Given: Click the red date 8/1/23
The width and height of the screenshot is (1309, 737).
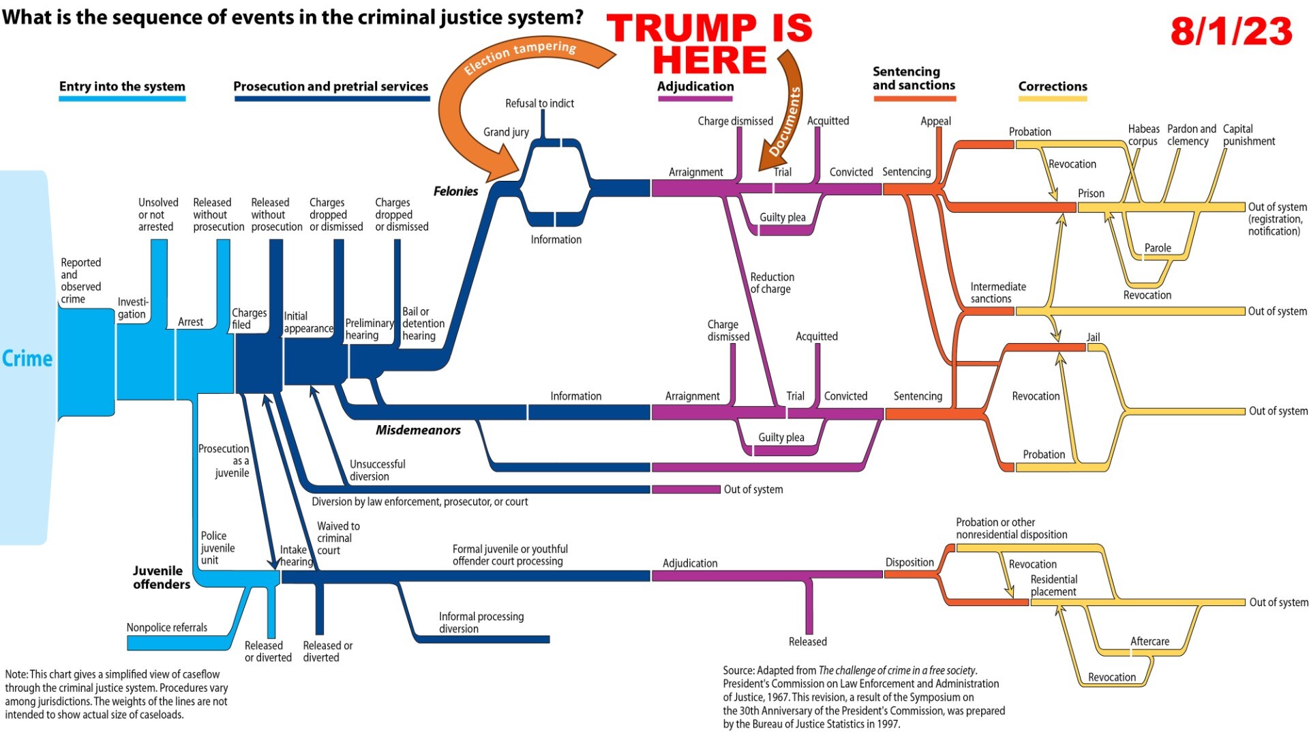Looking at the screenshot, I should pyautogui.click(x=1231, y=31).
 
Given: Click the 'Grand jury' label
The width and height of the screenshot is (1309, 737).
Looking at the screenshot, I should pyautogui.click(x=506, y=132).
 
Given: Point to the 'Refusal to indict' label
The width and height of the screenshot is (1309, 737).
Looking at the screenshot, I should pyautogui.click(x=539, y=103).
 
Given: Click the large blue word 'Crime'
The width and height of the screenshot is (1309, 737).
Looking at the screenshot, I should pyautogui.click(x=27, y=358).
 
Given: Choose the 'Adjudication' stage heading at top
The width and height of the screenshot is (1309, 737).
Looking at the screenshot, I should pyautogui.click(x=695, y=87).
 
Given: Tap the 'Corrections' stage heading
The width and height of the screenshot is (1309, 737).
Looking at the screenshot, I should pyautogui.click(x=1053, y=87).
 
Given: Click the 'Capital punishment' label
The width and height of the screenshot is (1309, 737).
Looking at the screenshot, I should pyautogui.click(x=1248, y=135).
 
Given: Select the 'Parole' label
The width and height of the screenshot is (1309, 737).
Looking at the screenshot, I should pyautogui.click(x=1158, y=248).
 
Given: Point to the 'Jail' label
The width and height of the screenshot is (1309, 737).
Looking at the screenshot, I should pyautogui.click(x=1093, y=337).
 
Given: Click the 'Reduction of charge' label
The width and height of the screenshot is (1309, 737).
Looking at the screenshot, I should pyautogui.click(x=772, y=283).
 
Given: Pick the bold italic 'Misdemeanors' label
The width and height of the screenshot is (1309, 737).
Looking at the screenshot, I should pyautogui.click(x=418, y=430).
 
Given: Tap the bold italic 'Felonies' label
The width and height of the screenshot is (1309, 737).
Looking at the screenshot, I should pyautogui.click(x=455, y=191).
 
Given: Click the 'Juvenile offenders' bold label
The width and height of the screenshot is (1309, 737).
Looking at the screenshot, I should pyautogui.click(x=162, y=577).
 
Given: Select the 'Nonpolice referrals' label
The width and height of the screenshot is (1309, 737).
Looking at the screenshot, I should pyautogui.click(x=167, y=627).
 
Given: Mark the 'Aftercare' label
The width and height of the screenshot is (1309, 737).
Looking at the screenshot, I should pyautogui.click(x=1149, y=641).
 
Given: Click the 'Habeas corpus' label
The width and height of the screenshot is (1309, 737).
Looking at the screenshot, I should pyautogui.click(x=1143, y=135).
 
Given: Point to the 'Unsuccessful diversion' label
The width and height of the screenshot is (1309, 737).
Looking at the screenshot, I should pyautogui.click(x=377, y=470).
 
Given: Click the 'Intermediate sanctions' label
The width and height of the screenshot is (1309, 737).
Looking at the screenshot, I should pyautogui.click(x=997, y=293).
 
